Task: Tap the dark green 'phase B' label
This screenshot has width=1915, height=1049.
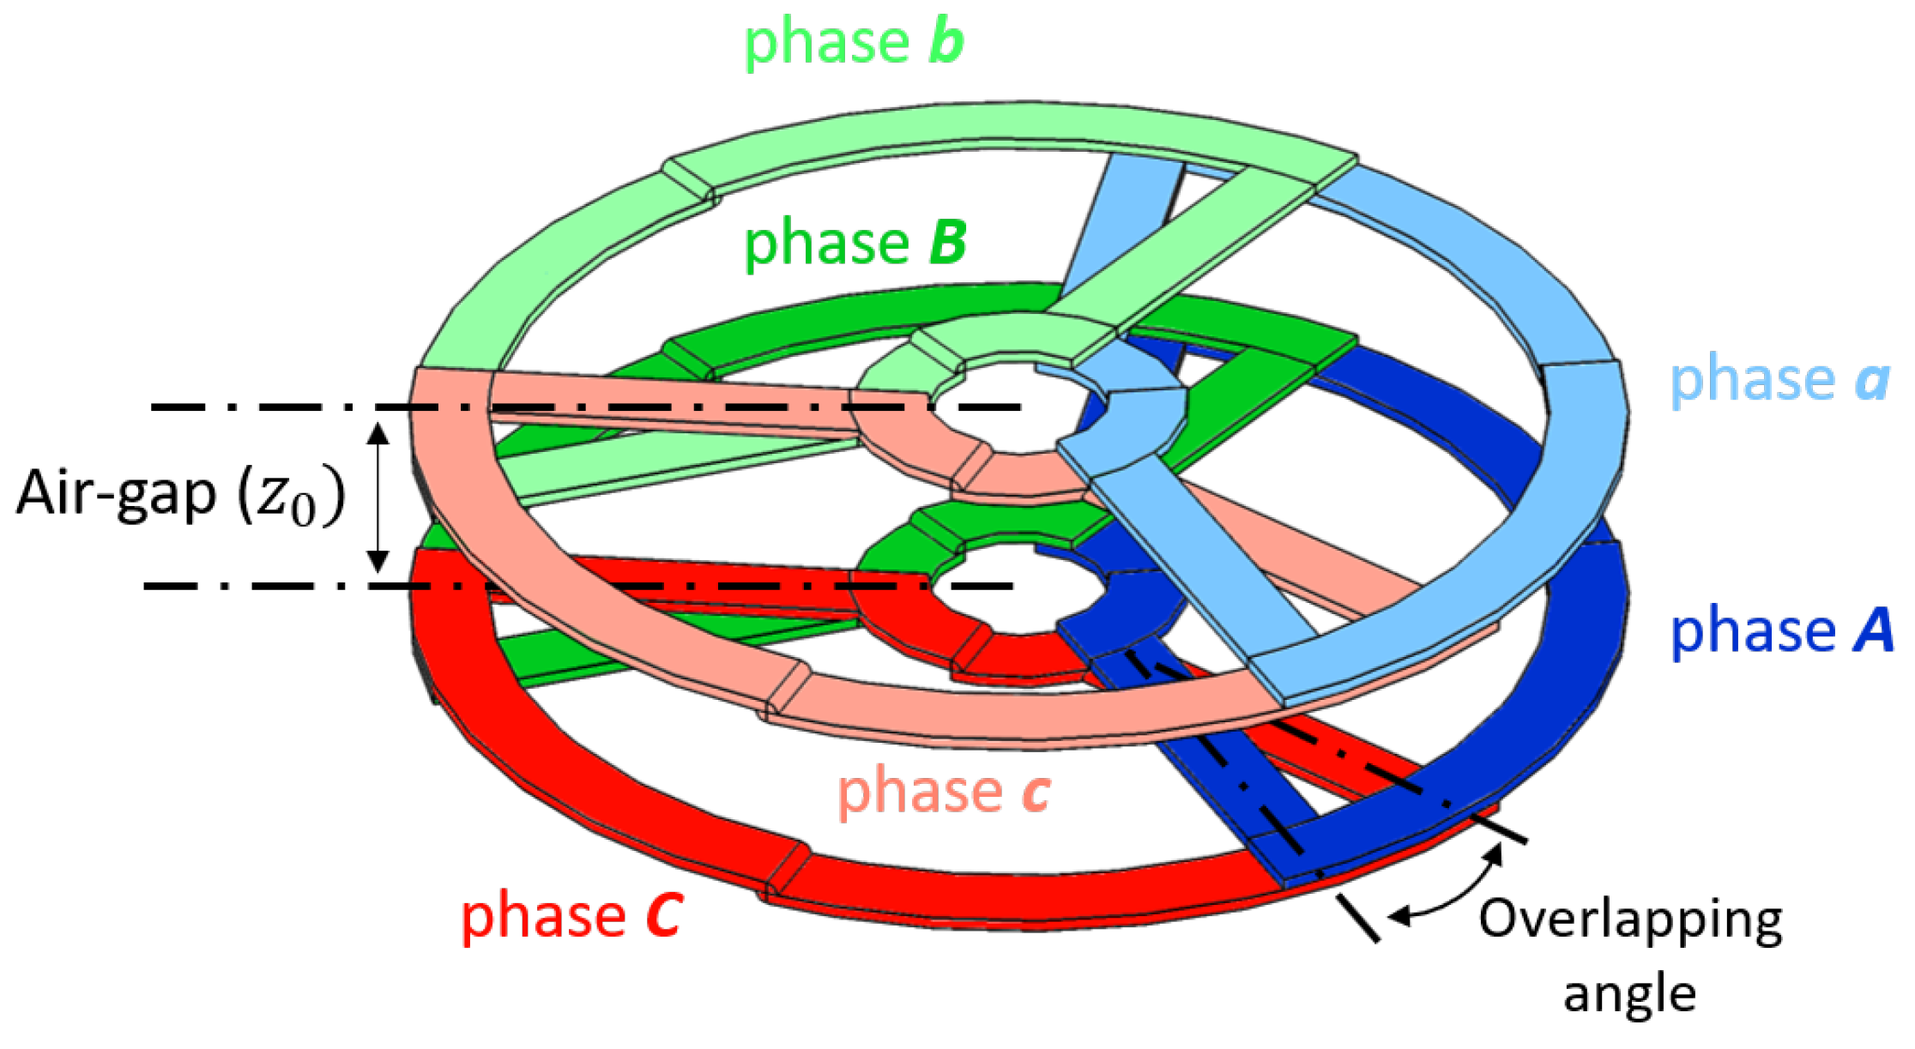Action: coord(855,244)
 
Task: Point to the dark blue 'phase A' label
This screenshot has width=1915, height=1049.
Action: coord(1781,631)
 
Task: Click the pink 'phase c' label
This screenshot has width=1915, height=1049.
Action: coord(943,791)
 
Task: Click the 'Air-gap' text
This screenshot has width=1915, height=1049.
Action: coord(116,494)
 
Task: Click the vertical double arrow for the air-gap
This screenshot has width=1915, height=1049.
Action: coord(378,497)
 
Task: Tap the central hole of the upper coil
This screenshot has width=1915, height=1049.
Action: coord(1004,410)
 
